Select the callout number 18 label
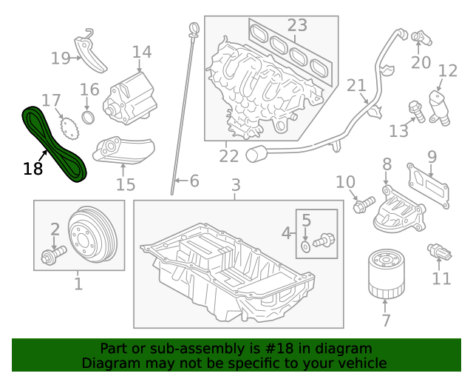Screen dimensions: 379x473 point(33,169)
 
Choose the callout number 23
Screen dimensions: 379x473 point(297,26)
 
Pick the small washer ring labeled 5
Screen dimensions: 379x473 point(306,244)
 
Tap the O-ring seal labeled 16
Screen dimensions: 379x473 point(88,118)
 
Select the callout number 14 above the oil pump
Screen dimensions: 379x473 point(142,52)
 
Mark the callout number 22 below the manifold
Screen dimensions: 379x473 point(228,155)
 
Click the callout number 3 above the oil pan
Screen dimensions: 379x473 point(236,185)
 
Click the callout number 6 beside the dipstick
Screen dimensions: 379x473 point(194,181)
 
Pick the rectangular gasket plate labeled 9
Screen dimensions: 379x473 point(429,184)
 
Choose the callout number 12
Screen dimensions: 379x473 point(448,71)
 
